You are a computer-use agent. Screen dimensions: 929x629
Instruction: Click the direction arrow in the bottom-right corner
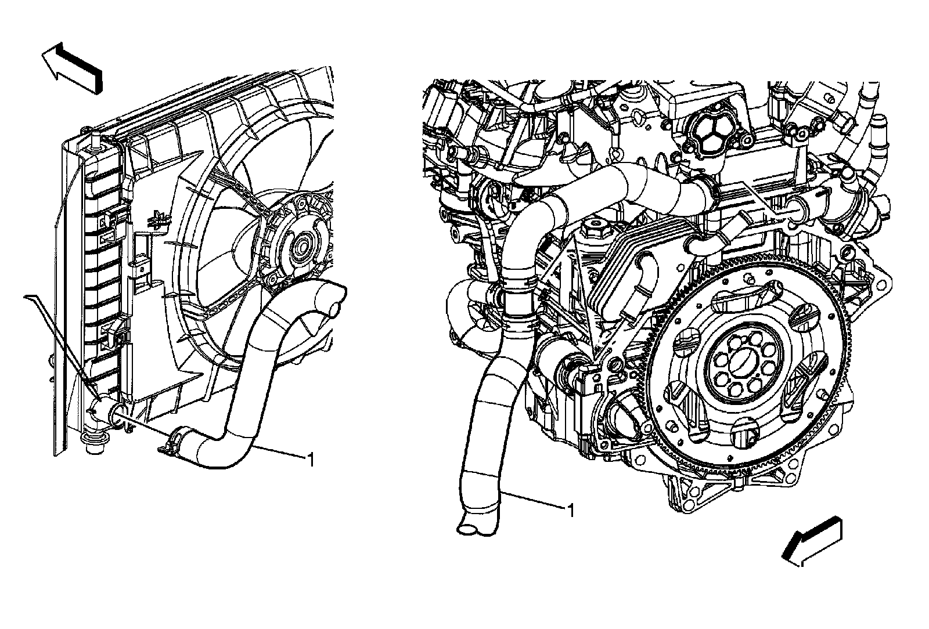coord(812,542)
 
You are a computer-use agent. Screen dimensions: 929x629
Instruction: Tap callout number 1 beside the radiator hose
coord(311,460)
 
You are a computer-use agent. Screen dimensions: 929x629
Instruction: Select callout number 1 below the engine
coord(571,511)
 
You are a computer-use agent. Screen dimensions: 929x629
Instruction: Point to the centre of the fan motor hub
coord(300,248)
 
